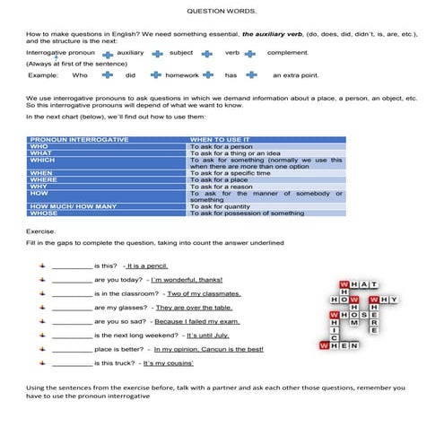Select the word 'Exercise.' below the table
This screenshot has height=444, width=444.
tap(42, 231)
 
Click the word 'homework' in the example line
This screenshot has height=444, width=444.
tap(182, 75)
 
